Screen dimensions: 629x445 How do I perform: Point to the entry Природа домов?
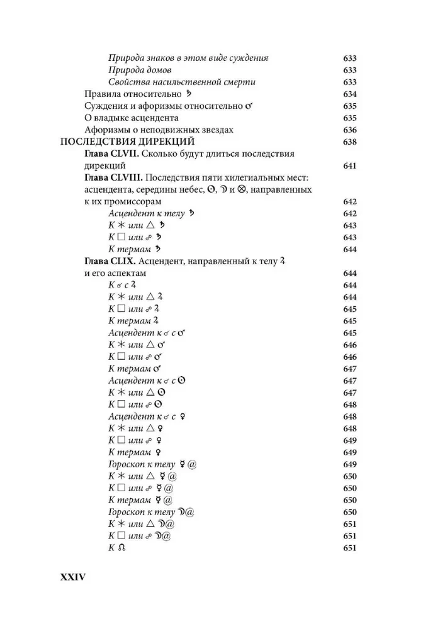coord(140,70)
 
